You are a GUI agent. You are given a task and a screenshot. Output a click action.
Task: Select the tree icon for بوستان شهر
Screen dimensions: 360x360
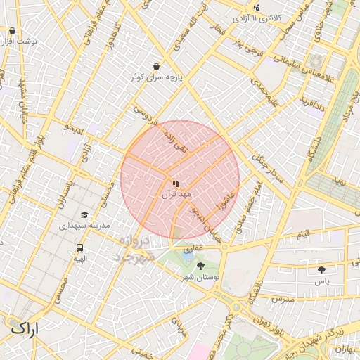(201, 266)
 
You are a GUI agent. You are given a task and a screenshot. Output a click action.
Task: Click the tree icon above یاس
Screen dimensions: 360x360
(322, 269)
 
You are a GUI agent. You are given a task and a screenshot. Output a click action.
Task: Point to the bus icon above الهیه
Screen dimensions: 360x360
(79, 247)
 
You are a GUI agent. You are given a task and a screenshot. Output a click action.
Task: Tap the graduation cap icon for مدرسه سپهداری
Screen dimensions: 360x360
(84, 215)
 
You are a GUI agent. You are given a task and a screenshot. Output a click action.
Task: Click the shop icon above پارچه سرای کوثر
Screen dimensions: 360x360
(155, 67)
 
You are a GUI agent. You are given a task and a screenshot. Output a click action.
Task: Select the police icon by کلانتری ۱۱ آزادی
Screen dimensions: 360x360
(257, 8)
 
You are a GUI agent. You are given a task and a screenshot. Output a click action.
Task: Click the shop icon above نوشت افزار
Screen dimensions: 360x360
(13, 31)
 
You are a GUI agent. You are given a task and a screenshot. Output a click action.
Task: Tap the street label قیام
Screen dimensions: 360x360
(304, 233)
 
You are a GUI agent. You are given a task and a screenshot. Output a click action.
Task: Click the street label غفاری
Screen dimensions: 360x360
(193, 249)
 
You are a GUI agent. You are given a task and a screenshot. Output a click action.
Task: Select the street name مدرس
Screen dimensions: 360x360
(283, 299)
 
